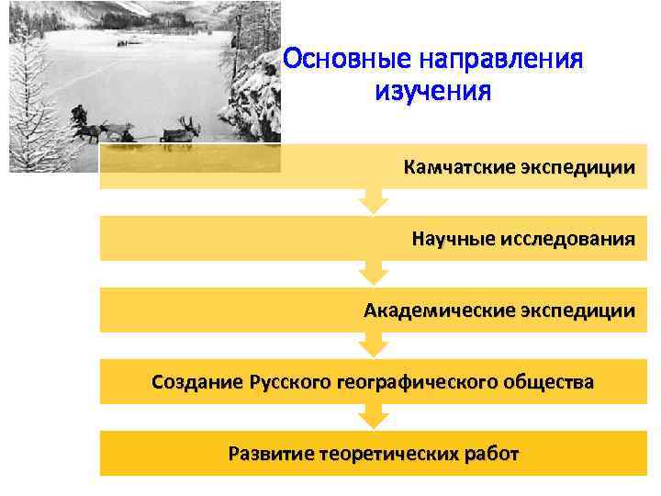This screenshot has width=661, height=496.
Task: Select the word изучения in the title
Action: [432, 92]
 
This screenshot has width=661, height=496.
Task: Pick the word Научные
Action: [453, 240]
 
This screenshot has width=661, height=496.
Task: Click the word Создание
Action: [196, 381]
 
